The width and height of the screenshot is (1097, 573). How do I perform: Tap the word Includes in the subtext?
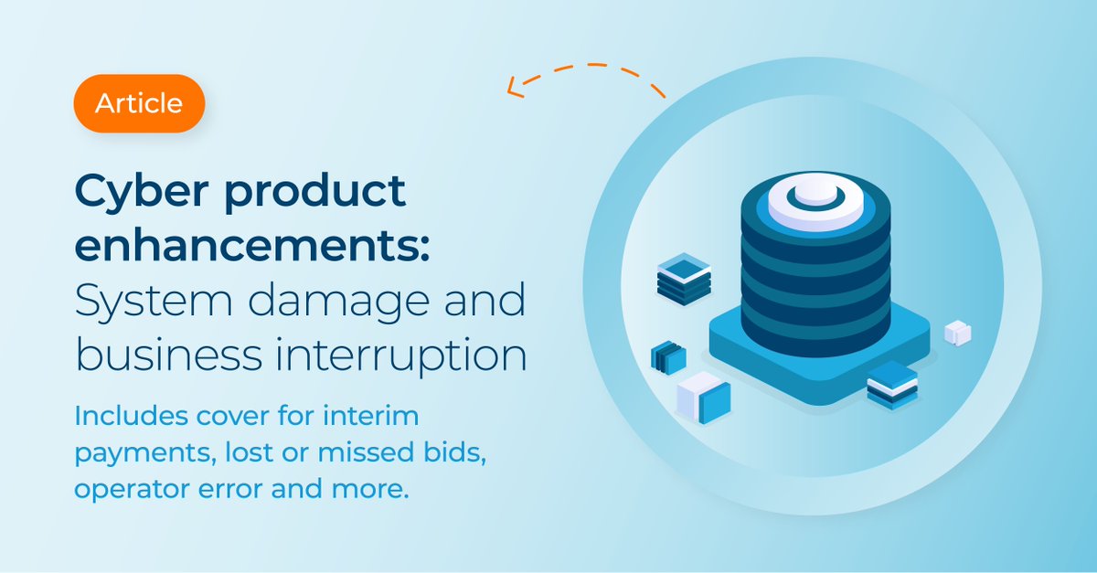(127, 416)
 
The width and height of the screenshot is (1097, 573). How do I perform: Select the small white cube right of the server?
(956, 332)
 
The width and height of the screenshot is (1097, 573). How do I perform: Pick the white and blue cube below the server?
(703, 395)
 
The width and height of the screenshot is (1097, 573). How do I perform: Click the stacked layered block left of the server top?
(684, 279)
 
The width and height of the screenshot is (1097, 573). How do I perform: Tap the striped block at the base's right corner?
(891, 384)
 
